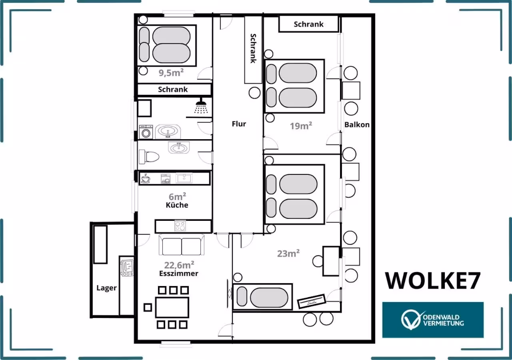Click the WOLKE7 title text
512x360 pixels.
(433, 281)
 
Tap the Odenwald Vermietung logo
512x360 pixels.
(433, 320)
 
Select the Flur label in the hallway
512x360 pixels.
(239, 124)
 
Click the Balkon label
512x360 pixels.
(357, 124)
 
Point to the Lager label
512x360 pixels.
(106, 288)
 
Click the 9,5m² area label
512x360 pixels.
(171, 73)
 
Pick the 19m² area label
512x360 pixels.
(301, 126)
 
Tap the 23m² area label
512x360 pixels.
(288, 254)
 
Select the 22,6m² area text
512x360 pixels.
(179, 265)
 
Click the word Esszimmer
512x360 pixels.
(179, 273)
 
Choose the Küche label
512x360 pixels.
(177, 205)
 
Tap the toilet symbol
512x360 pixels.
(149, 156)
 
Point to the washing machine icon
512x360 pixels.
(146, 132)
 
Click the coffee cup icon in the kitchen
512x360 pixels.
(145, 178)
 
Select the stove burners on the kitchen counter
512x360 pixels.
(180, 226)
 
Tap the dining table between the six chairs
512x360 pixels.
(172, 308)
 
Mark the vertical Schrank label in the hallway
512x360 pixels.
(253, 48)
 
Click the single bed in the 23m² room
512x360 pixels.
(262, 297)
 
